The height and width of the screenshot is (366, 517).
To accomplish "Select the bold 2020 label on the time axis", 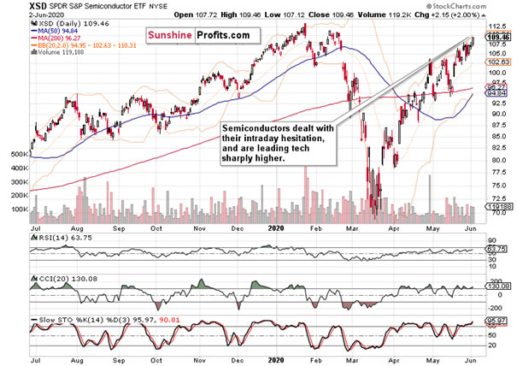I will click(276, 229).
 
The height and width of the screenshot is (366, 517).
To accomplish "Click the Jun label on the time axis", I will click(469, 229).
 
